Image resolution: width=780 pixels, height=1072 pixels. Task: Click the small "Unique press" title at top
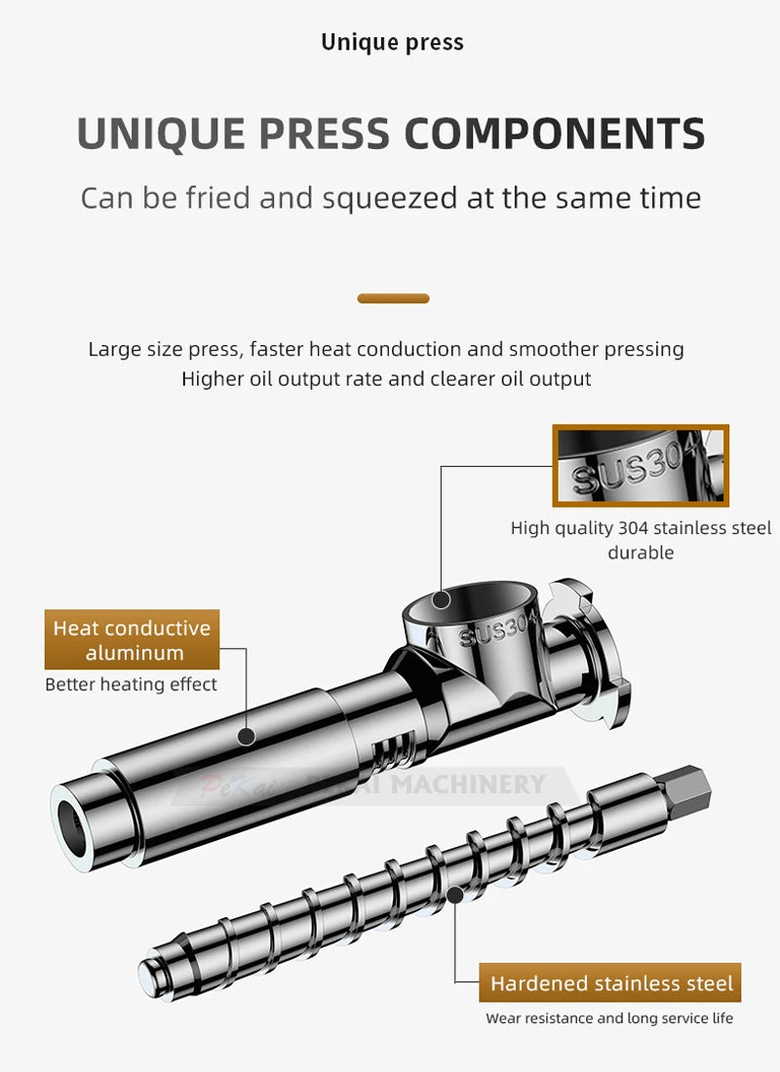[392, 42]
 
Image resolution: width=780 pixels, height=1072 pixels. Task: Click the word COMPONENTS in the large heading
[555, 134]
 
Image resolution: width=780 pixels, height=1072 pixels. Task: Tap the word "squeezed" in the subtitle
[389, 199]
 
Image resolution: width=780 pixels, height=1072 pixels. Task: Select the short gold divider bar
[394, 298]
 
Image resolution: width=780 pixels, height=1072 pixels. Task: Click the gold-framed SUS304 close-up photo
[641, 465]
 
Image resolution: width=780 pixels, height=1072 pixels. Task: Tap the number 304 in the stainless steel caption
[633, 528]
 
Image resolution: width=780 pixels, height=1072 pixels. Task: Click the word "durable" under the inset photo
[641, 553]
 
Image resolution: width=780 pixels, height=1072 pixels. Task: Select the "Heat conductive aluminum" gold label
[132, 639]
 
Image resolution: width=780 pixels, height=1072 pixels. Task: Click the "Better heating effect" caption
[131, 684]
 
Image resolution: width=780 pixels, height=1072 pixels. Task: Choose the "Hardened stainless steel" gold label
[610, 982]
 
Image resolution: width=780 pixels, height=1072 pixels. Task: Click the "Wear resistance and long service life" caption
[609, 1018]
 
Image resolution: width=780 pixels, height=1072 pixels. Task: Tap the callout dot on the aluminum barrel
[247, 737]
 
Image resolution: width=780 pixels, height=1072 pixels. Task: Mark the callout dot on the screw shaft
[455, 895]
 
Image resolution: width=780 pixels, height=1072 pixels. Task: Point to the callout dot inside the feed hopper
[442, 600]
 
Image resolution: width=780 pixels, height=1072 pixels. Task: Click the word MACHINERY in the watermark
[468, 784]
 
